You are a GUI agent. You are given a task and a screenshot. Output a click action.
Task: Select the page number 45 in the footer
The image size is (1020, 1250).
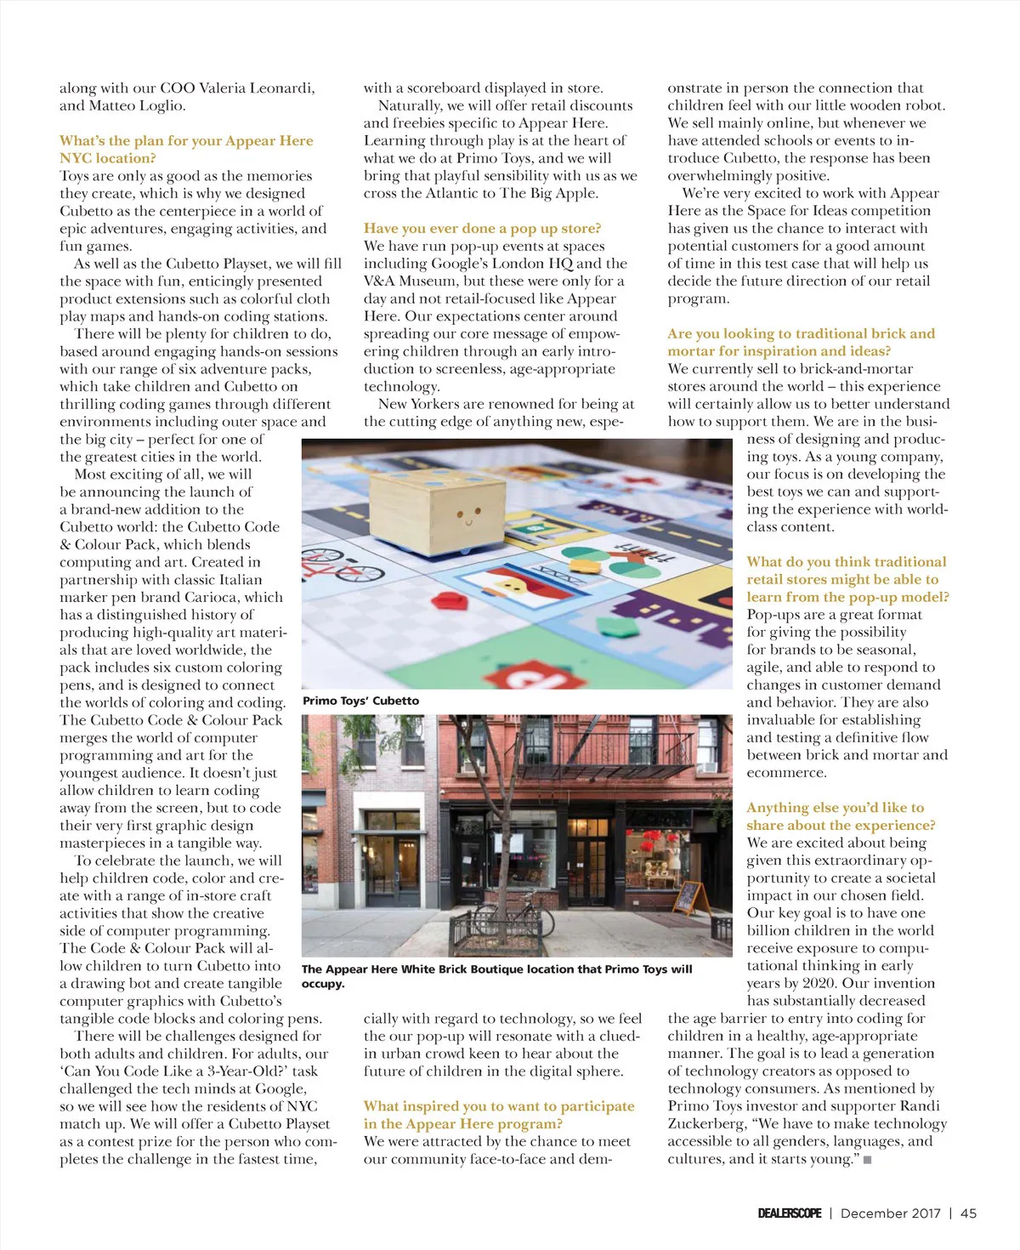(x=968, y=1213)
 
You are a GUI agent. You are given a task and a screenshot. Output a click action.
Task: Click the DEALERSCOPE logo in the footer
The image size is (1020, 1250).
(x=789, y=1213)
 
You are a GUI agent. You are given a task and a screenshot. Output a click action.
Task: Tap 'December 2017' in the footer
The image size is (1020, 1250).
(x=890, y=1213)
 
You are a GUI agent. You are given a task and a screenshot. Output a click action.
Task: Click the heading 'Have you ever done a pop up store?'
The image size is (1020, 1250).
(x=482, y=228)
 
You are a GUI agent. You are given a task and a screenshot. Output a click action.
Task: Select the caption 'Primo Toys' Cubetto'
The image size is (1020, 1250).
(x=360, y=701)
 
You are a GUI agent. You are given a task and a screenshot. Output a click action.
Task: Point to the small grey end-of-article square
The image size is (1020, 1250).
(x=867, y=1160)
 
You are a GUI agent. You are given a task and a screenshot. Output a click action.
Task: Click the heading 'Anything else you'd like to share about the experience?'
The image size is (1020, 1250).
(x=840, y=816)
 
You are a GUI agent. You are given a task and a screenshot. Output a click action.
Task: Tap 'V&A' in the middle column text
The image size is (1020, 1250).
(x=379, y=281)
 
